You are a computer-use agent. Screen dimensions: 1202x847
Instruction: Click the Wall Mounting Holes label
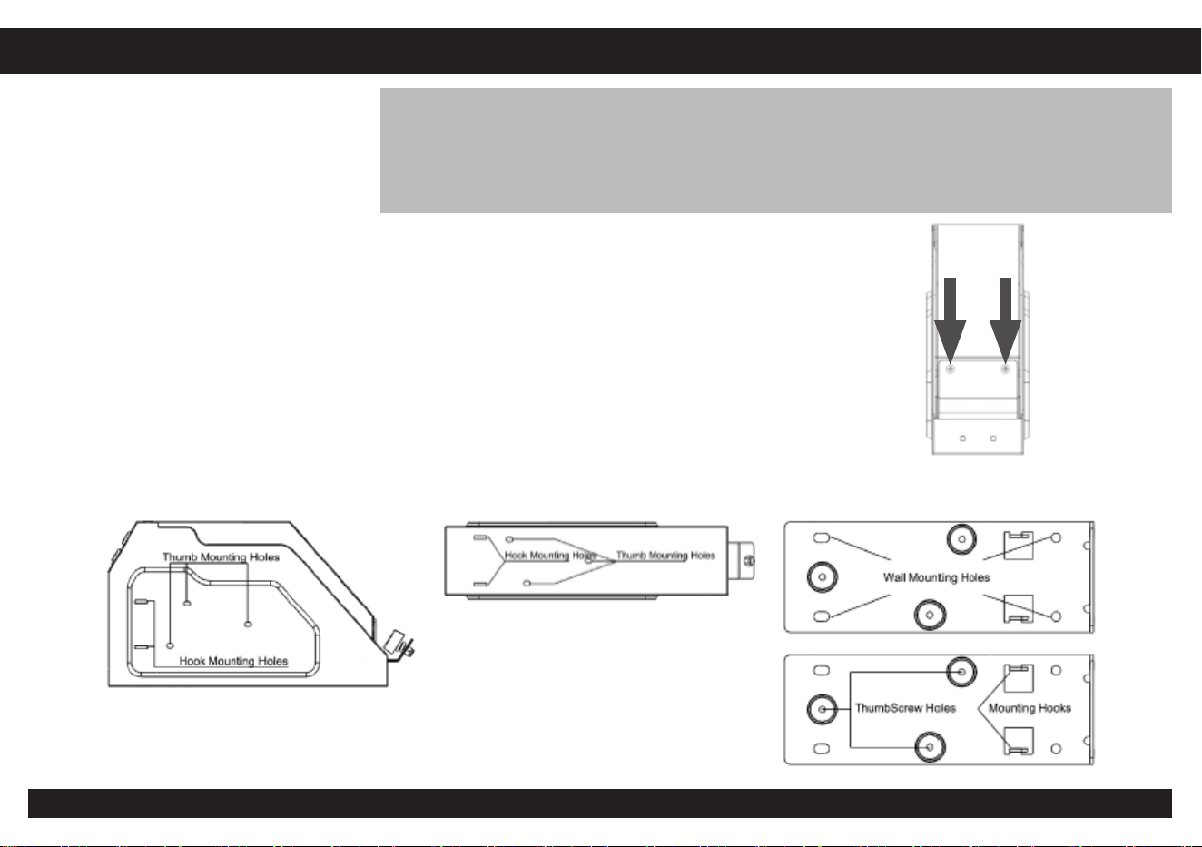(x=936, y=577)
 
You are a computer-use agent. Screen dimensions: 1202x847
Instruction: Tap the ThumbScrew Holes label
(x=905, y=708)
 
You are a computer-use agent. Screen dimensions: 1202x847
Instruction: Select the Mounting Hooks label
(x=1030, y=708)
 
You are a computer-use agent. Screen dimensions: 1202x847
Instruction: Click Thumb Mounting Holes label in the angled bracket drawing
(x=221, y=557)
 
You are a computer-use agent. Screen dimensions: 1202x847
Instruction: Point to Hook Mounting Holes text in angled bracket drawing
(x=233, y=661)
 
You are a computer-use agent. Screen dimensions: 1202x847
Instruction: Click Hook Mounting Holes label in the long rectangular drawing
(x=550, y=555)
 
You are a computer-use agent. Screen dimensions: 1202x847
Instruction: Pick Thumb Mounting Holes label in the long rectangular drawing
(x=665, y=555)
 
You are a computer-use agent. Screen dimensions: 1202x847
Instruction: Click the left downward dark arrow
(x=950, y=320)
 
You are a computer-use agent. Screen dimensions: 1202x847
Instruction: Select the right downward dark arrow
(x=1005, y=320)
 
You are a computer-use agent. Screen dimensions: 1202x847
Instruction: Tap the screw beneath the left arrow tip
(x=950, y=369)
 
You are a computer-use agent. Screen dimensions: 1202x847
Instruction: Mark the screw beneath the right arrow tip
(x=1005, y=369)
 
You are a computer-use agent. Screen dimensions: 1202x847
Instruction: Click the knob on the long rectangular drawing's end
(x=742, y=561)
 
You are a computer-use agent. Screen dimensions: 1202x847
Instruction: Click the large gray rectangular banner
(x=776, y=151)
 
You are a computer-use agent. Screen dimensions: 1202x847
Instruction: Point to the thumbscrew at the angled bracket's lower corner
(x=400, y=645)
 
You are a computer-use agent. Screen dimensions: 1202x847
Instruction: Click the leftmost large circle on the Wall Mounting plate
(x=823, y=577)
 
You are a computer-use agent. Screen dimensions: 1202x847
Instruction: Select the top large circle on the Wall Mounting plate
(x=961, y=539)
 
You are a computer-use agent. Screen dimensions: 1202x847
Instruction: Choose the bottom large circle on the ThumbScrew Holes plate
(x=930, y=746)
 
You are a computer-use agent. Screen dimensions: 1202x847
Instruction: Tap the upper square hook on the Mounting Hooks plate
(x=1019, y=678)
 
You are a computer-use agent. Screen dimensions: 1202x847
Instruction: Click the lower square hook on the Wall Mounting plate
(x=1019, y=608)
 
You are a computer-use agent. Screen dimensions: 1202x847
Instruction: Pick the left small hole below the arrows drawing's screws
(x=962, y=438)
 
